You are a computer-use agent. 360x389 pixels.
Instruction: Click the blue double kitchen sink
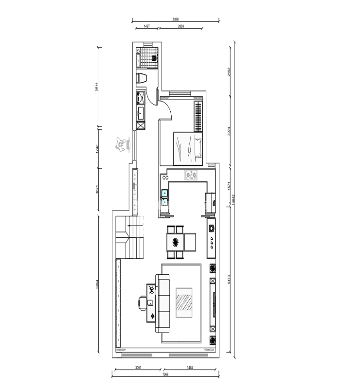pyautogui.click(x=165, y=196)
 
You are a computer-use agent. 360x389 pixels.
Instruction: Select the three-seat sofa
pyautogui.click(x=162, y=303)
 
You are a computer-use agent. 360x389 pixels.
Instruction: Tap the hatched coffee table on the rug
pyautogui.click(x=184, y=303)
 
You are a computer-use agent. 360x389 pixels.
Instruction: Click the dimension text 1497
pyautogui.click(x=146, y=27)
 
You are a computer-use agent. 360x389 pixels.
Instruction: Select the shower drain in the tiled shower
pyautogui.click(x=154, y=58)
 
